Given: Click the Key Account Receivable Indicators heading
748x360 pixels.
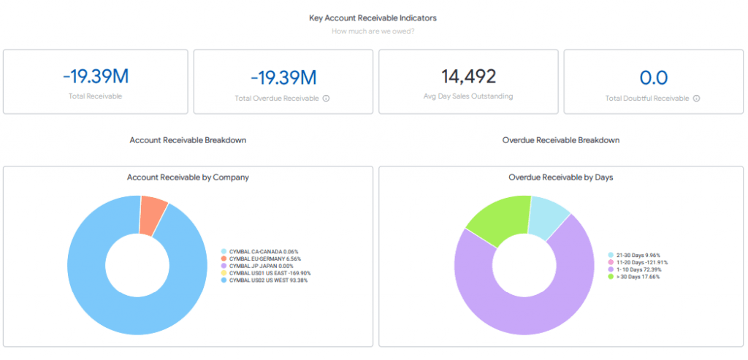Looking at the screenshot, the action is pyautogui.click(x=373, y=18).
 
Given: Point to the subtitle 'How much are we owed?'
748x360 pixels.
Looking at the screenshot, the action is pyautogui.click(x=373, y=31).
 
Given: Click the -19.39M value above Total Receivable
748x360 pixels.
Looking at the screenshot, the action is pyautogui.click(x=96, y=77).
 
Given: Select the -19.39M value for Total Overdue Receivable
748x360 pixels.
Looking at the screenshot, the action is pyautogui.click(x=283, y=77).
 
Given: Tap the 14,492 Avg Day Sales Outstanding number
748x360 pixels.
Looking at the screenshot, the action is pyautogui.click(x=468, y=76).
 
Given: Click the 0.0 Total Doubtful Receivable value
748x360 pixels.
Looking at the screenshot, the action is pyautogui.click(x=654, y=77).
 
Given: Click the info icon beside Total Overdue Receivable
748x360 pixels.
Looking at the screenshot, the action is pyautogui.click(x=327, y=99).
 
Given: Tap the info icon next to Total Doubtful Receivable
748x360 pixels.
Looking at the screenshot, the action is pyautogui.click(x=696, y=99).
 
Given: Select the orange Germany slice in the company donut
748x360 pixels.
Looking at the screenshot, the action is pyautogui.click(x=153, y=215).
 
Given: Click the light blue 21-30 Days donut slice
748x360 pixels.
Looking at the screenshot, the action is pyautogui.click(x=547, y=217).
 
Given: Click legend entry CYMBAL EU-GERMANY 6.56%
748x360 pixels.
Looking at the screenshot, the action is pyautogui.click(x=261, y=258).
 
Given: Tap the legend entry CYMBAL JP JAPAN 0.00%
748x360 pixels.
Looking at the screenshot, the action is pyautogui.click(x=257, y=266).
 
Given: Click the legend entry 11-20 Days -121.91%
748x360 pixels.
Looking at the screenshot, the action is pyautogui.click(x=638, y=262).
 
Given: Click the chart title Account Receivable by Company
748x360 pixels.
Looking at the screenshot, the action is pyautogui.click(x=188, y=177).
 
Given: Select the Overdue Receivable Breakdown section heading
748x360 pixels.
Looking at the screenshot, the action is pyautogui.click(x=561, y=140).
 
